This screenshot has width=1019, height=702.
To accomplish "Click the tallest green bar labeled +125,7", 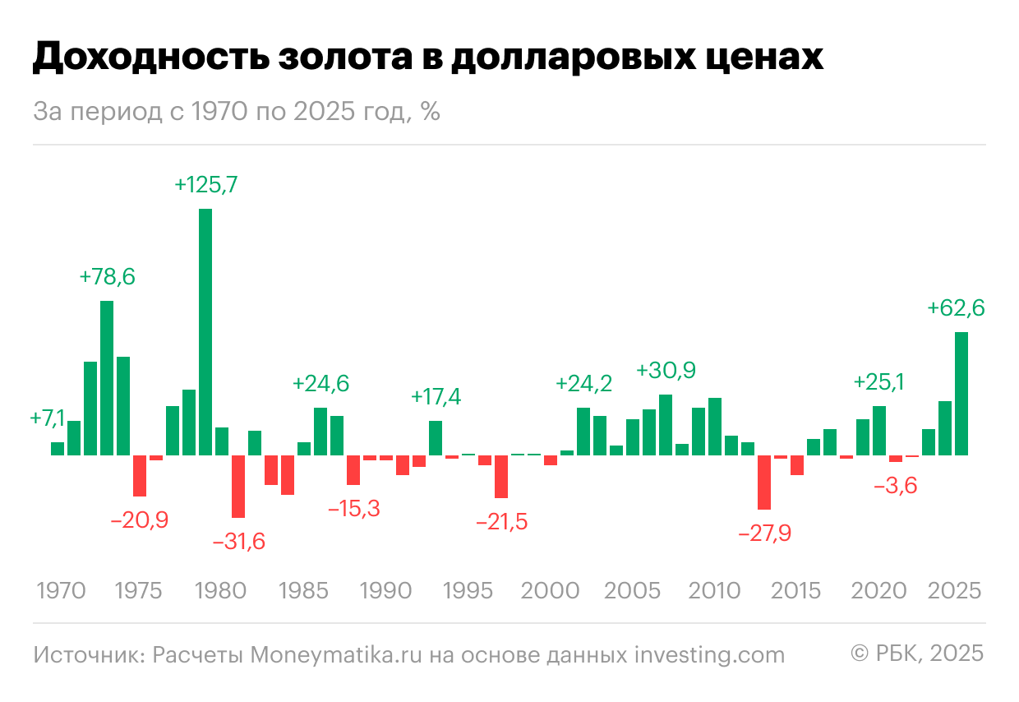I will [x=205, y=331].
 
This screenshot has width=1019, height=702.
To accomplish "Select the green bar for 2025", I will [x=961, y=393].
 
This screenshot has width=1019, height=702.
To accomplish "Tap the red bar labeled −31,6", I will [x=238, y=486].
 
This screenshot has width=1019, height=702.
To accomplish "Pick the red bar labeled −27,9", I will [x=764, y=482].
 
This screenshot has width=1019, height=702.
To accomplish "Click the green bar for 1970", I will [x=58, y=449].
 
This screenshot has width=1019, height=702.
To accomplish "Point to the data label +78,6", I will [x=107, y=277].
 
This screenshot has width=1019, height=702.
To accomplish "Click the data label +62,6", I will [x=956, y=308].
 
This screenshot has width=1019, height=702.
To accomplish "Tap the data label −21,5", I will [x=500, y=521].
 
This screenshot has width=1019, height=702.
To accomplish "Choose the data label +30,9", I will [x=666, y=371].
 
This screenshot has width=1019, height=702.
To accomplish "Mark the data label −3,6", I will [x=895, y=486].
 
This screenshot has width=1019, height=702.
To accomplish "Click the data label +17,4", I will [x=436, y=397].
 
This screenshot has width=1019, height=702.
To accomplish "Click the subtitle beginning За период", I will [x=236, y=112].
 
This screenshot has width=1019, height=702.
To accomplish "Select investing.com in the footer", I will [x=709, y=654].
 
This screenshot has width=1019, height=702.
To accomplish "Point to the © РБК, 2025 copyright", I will [x=916, y=654].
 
